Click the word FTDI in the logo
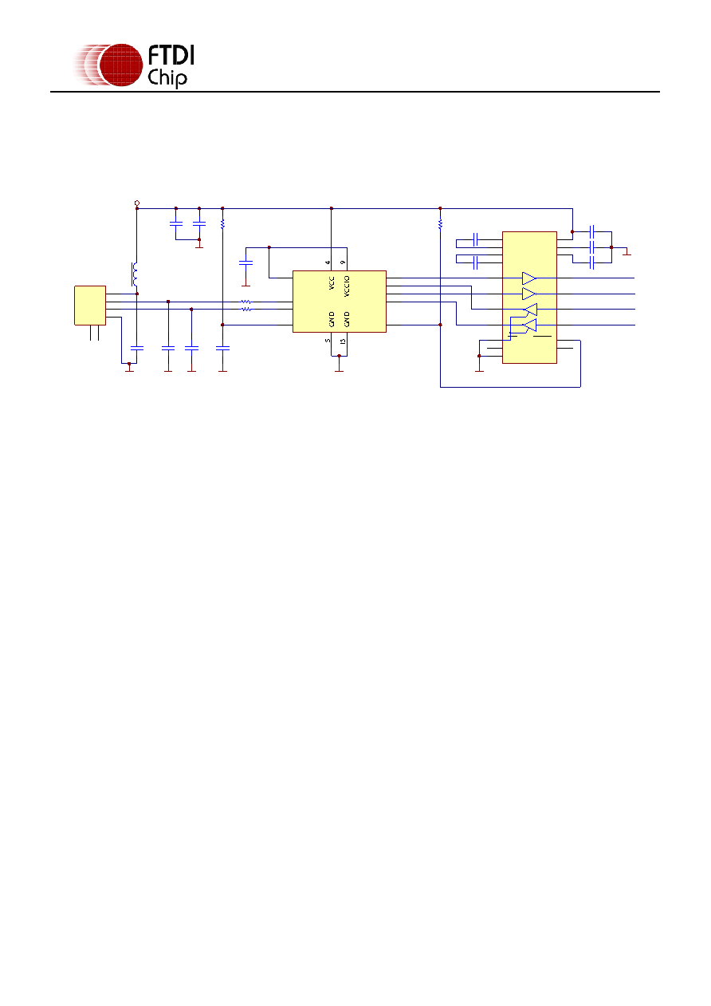pyautogui.click(x=171, y=56)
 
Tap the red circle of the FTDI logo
pyautogui.click(x=120, y=65)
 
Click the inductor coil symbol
pyautogui.click(x=134, y=274)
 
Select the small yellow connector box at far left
pyautogui.click(x=90, y=306)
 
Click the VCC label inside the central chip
pyautogui.click(x=332, y=283)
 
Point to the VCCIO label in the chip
pyautogui.click(x=347, y=286)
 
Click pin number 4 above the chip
pyautogui.click(x=328, y=262)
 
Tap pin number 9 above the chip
pyautogui.click(x=344, y=262)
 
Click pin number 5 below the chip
pyautogui.click(x=328, y=341)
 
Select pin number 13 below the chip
pyautogui.click(x=344, y=341)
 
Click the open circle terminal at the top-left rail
pyautogui.click(x=137, y=203)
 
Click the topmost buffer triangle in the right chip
pyautogui.click(x=529, y=278)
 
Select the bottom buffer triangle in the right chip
pyautogui.click(x=530, y=325)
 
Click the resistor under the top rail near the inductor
pyautogui.click(x=222, y=223)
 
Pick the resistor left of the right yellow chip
pyautogui.click(x=440, y=223)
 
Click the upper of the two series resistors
pyautogui.click(x=246, y=302)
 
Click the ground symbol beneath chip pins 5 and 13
pyautogui.click(x=339, y=365)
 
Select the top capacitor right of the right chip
pyautogui.click(x=591, y=231)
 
